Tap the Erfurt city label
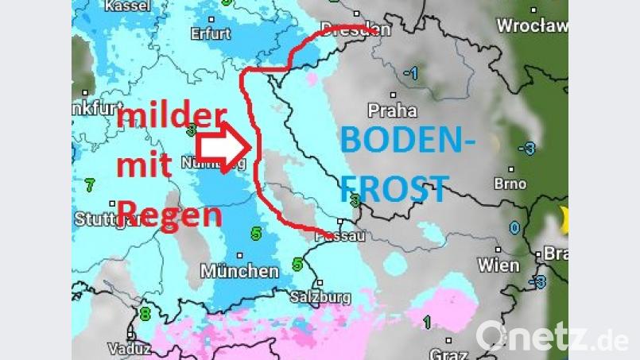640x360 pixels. [211, 34]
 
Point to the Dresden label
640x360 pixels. [355, 30]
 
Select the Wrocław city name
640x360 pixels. [532, 25]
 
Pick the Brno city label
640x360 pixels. [510, 184]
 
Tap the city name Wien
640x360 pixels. [498, 265]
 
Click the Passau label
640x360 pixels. [344, 235]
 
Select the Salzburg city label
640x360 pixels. [321, 297]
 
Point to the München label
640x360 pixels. [239, 271]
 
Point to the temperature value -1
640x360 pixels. [410, 73]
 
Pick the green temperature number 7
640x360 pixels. [90, 185]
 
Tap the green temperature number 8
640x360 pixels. [145, 314]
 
